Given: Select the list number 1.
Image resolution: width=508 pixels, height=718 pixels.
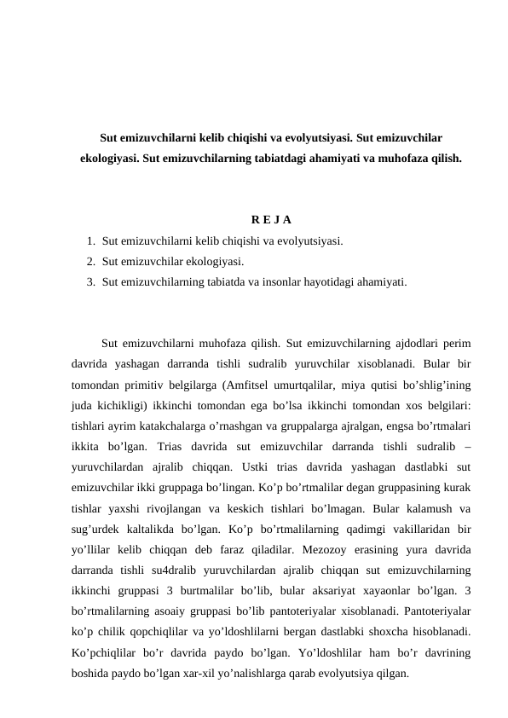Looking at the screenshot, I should [89, 241].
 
